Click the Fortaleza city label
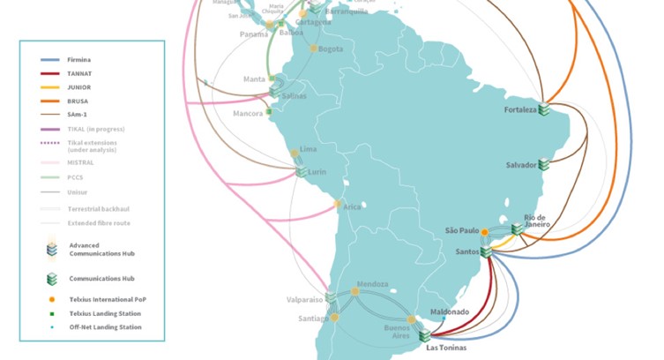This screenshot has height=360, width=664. [x=519, y=111]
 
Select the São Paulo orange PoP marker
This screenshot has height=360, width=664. [x=484, y=232]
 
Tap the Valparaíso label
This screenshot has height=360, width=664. [x=303, y=300]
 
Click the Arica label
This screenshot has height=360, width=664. [x=352, y=206]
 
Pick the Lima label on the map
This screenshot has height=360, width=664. [x=308, y=150]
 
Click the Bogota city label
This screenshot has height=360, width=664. [x=331, y=49]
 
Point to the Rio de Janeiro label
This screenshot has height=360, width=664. [x=537, y=221]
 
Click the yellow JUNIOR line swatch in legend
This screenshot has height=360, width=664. [x=50, y=87]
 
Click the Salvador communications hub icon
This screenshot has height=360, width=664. [x=545, y=164]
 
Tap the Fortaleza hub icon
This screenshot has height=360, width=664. [x=545, y=110]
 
